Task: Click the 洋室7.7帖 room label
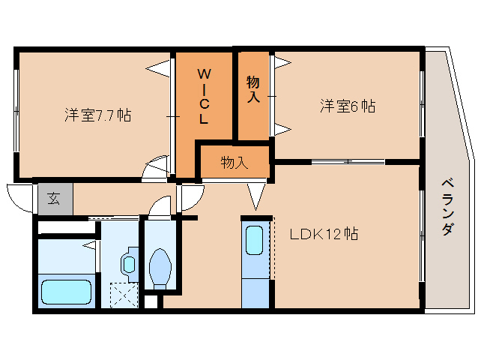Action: [97, 115]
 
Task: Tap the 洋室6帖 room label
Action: [348, 106]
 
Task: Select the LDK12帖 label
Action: [324, 234]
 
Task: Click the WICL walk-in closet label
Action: [204, 96]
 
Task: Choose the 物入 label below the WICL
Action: [234, 162]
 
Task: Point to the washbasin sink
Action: [128, 263]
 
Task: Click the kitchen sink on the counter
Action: [255, 241]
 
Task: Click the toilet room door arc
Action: [160, 207]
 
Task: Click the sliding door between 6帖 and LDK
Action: [348, 161]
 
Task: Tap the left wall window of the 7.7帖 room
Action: [16, 112]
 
